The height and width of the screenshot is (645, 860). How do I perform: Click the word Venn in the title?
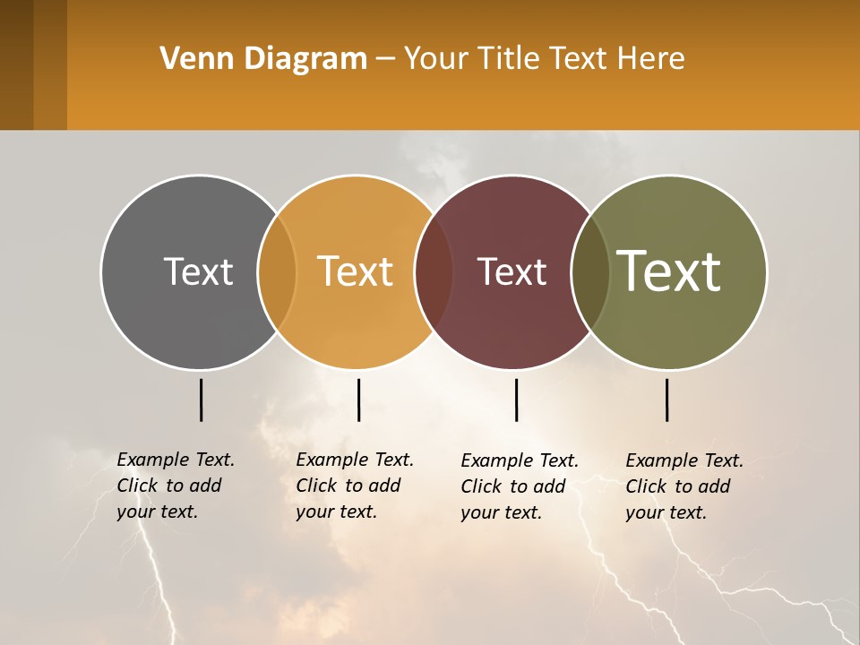pyautogui.click(x=190, y=59)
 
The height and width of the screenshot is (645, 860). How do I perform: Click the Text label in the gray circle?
pyautogui.click(x=198, y=271)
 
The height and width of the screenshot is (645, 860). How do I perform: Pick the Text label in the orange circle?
pyautogui.click(x=356, y=271)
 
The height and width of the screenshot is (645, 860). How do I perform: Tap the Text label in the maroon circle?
pyautogui.click(x=512, y=271)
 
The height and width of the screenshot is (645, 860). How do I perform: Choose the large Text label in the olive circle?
pyautogui.click(x=668, y=271)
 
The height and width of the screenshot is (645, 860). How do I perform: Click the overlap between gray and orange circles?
pyautogui.click(x=277, y=271)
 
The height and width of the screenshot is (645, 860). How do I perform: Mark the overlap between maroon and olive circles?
pyautogui.click(x=590, y=271)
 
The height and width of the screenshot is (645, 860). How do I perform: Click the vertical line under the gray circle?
pyautogui.click(x=202, y=400)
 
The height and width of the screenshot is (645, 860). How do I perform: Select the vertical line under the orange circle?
pyautogui.click(x=358, y=400)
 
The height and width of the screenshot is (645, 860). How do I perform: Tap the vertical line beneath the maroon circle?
pyautogui.click(x=517, y=400)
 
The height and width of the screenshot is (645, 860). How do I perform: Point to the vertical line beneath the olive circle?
pyautogui.click(x=667, y=400)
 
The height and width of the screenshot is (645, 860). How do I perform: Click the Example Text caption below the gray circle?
pyautogui.click(x=175, y=486)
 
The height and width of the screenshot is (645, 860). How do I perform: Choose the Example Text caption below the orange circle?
pyautogui.click(x=354, y=486)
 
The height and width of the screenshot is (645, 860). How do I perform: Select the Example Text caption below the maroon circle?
pyautogui.click(x=519, y=486)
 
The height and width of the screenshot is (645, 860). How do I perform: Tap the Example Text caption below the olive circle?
pyautogui.click(x=684, y=486)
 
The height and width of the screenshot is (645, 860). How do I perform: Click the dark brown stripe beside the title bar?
pyautogui.click(x=16, y=64)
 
